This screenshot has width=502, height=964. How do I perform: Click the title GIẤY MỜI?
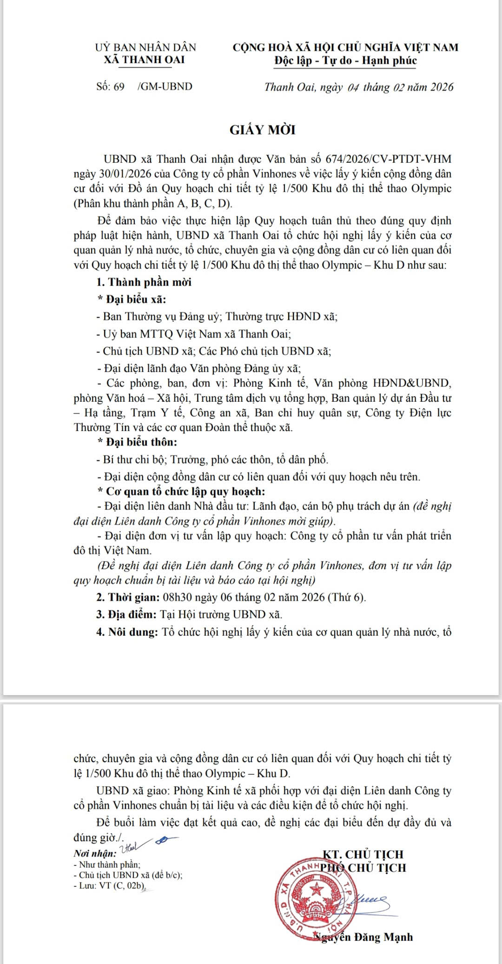point(263,130)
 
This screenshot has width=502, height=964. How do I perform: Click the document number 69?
point(119,86)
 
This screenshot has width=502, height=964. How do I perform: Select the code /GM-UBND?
point(165,86)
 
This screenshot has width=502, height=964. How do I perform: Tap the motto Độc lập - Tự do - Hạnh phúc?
point(345,60)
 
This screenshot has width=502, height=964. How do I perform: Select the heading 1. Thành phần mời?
point(144,282)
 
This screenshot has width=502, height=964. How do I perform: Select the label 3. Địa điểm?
point(126,615)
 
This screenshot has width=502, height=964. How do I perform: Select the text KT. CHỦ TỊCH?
point(363,854)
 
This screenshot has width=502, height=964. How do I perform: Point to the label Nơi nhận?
point(95,853)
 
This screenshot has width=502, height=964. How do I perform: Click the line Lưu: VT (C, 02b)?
point(110,885)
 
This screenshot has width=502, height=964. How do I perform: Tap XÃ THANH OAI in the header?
point(144,60)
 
